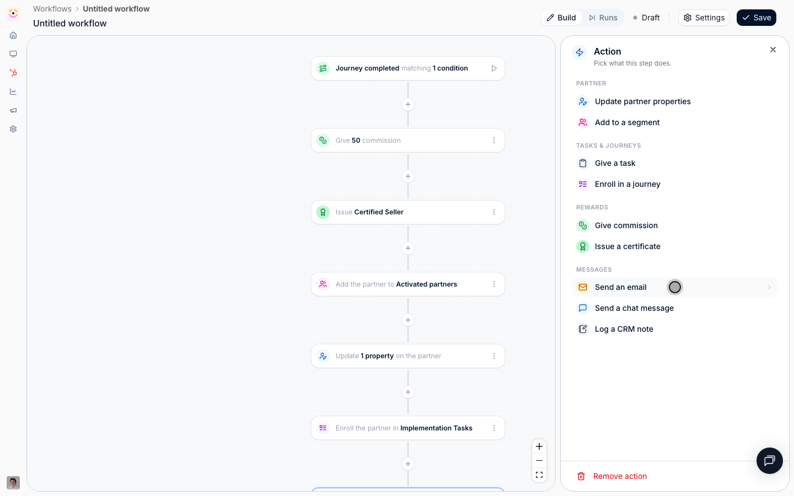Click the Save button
[756, 18]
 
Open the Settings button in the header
[704, 18]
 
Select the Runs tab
[603, 18]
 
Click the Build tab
[561, 18]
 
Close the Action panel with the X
[773, 50]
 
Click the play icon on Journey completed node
[494, 68]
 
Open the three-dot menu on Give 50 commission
[494, 141]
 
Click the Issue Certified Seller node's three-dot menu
[494, 212]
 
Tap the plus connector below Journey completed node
[408, 105]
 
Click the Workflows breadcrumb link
[52, 9]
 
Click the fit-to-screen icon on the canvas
[539, 475]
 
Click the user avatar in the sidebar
[13, 483]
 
